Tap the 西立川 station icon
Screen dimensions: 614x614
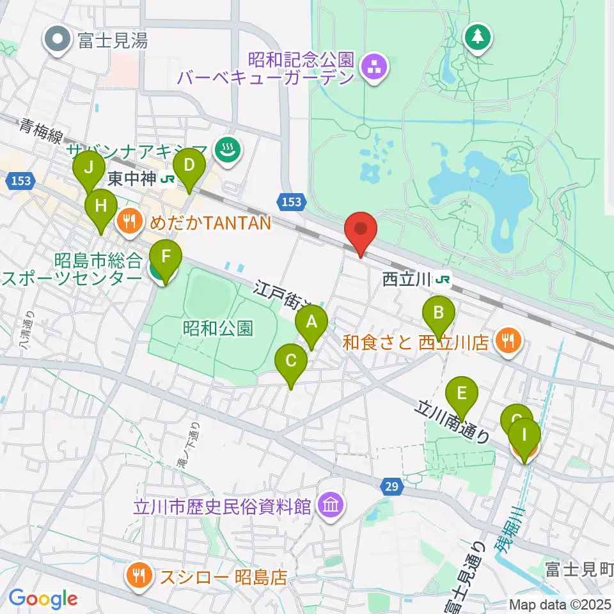tap(442, 279)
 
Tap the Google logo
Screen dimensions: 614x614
tap(43, 598)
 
